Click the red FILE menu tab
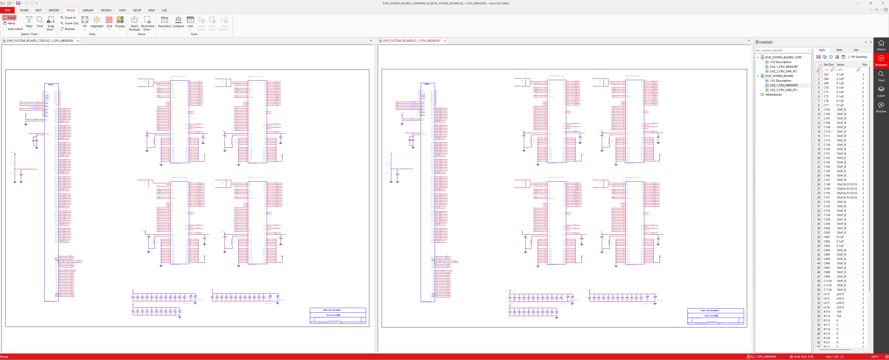point(7,10)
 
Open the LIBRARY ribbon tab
point(88,10)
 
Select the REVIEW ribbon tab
point(106,10)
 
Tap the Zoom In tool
point(68,18)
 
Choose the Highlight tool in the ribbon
point(97,21)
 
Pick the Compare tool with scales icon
point(178,21)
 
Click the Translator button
point(165,21)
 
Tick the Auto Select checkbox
point(5,29)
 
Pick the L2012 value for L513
point(840,294)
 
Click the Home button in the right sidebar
point(881,45)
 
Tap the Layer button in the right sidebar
point(881,91)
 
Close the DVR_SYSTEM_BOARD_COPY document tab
point(78,41)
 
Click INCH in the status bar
point(875,357)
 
